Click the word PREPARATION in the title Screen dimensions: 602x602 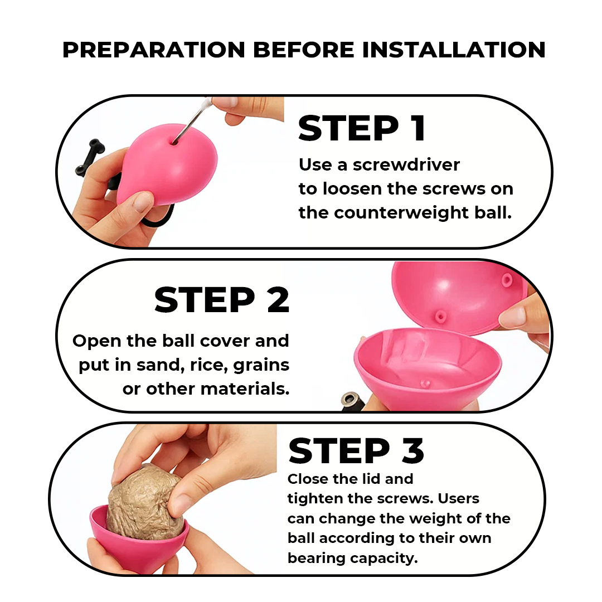(154, 50)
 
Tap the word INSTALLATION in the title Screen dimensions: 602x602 (453, 50)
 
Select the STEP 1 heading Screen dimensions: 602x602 (362, 128)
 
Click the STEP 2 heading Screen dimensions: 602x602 (221, 300)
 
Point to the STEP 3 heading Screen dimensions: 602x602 (356, 450)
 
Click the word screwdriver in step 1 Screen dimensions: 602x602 (406, 165)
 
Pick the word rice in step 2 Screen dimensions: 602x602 (207, 365)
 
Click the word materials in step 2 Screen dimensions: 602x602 (245, 389)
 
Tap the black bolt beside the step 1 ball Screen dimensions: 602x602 (90, 157)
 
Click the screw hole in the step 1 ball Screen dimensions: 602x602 (174, 142)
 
